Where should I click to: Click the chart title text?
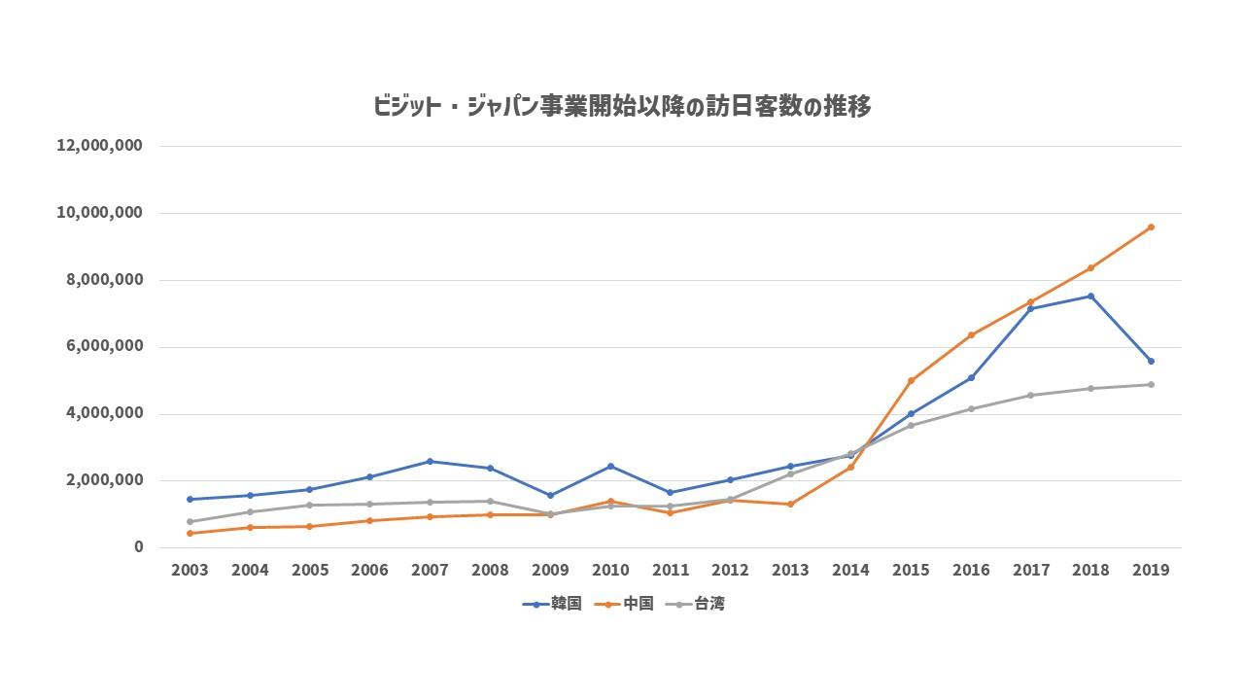(621, 106)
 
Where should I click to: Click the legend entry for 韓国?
(552, 604)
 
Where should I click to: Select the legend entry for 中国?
(624, 604)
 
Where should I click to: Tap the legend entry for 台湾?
(695, 604)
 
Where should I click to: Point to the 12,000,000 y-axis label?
(99, 146)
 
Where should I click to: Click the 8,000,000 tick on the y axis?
(104, 279)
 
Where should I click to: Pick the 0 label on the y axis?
(138, 547)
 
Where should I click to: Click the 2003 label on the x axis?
(190, 570)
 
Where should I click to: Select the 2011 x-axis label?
(671, 570)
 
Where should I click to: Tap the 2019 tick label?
(1151, 570)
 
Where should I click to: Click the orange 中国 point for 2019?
(1151, 227)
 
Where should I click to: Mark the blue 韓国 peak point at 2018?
(1090, 297)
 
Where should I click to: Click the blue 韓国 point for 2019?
(1151, 361)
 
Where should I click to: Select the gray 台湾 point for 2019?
(1151, 384)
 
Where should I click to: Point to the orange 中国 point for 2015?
(911, 380)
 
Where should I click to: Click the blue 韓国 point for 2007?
(430, 461)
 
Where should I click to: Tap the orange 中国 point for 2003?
(190, 534)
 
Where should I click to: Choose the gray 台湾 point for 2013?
(790, 473)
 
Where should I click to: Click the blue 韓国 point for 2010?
(610, 466)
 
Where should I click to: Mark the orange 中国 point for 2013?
(790, 504)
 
